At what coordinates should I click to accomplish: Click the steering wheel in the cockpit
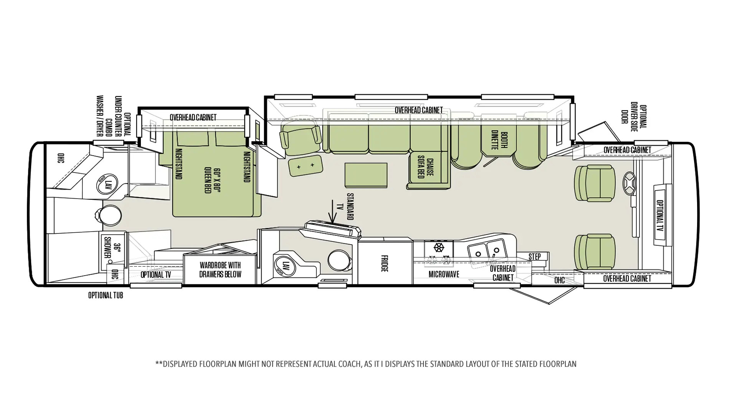click(629, 184)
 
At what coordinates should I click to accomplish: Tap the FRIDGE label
click(384, 263)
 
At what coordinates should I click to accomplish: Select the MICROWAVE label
click(444, 274)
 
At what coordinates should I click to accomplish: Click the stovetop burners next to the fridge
click(439, 253)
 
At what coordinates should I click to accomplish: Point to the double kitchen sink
click(487, 250)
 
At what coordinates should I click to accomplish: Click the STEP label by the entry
click(535, 256)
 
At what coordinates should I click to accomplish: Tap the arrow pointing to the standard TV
click(332, 211)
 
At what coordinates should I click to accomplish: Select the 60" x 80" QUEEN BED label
click(213, 180)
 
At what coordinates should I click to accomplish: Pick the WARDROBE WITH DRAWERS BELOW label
click(220, 269)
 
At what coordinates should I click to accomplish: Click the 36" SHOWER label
click(112, 248)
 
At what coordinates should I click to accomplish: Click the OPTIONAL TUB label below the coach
click(106, 296)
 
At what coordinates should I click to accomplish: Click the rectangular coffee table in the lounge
click(366, 175)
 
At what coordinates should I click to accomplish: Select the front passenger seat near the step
click(595, 252)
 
